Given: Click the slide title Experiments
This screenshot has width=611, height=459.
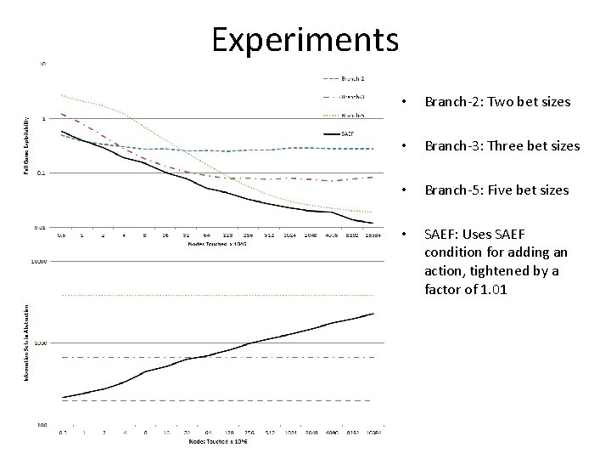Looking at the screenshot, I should click(305, 38).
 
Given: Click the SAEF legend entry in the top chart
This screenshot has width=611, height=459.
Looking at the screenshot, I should click(347, 133).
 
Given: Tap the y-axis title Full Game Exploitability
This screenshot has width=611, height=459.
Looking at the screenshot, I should click(25, 146).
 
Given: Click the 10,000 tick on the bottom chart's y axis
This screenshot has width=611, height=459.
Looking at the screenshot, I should click(39, 263).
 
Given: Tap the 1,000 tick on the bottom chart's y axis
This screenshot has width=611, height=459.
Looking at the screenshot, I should click(41, 343).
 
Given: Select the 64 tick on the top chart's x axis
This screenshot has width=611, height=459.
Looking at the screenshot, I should click(207, 235).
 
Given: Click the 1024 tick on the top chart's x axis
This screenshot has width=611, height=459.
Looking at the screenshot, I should click(290, 235).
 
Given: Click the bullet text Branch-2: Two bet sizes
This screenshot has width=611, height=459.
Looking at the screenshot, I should click(497, 102).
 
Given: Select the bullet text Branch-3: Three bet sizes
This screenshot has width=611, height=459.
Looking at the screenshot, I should click(502, 146).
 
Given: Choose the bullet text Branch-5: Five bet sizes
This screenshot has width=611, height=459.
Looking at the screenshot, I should click(496, 190).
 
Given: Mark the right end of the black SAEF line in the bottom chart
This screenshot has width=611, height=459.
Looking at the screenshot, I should click(373, 314).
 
